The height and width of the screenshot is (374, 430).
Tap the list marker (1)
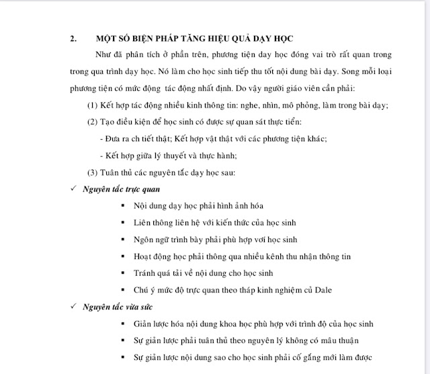(94, 106)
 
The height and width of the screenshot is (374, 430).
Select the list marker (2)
(94, 122)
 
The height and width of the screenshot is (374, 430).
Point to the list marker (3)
(94, 173)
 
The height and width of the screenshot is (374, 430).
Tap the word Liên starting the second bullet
(143, 223)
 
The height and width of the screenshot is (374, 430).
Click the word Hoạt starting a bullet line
(144, 257)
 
